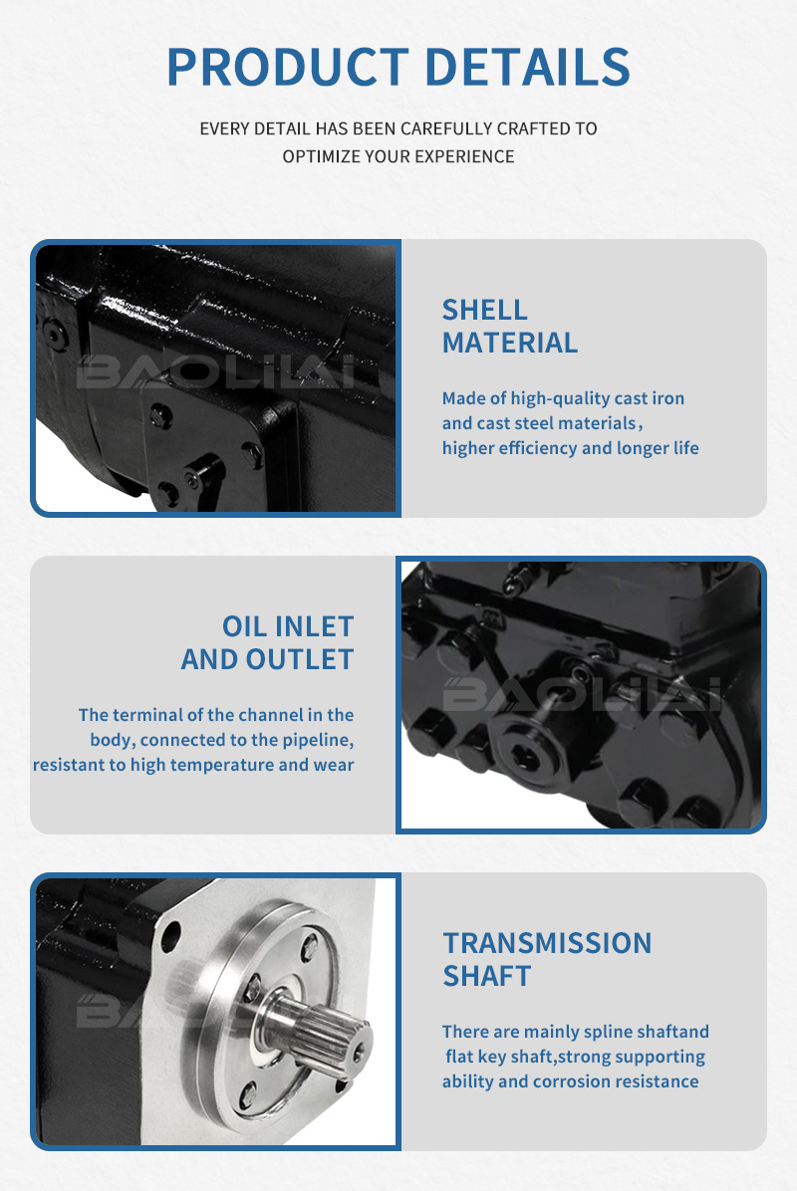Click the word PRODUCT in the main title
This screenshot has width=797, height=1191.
[288, 67]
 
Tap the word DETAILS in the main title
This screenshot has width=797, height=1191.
[527, 67]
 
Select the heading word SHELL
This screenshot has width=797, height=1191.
[485, 310]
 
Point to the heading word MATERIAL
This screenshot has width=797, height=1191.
[510, 343]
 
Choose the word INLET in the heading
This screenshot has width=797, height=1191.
[314, 626]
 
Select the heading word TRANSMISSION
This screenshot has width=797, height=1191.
[547, 943]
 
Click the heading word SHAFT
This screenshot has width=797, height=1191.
[487, 976]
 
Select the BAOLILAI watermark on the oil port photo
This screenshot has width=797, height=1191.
[581, 694]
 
